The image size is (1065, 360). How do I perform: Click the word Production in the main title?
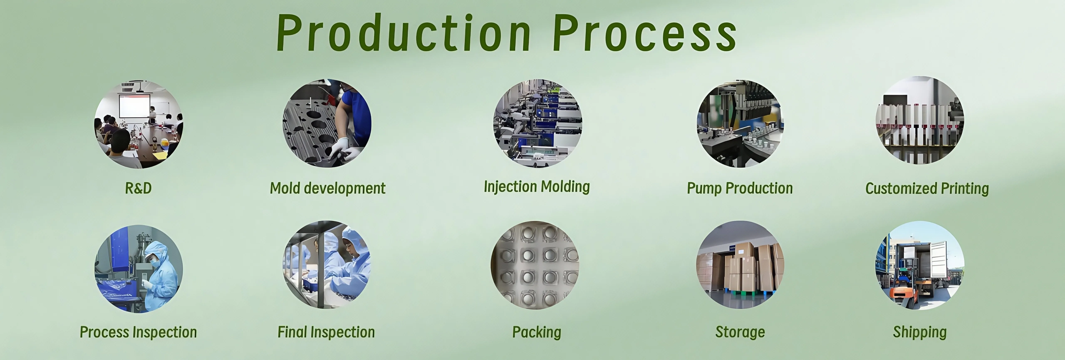click(403, 33)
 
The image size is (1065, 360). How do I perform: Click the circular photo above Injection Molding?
click(537, 123)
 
